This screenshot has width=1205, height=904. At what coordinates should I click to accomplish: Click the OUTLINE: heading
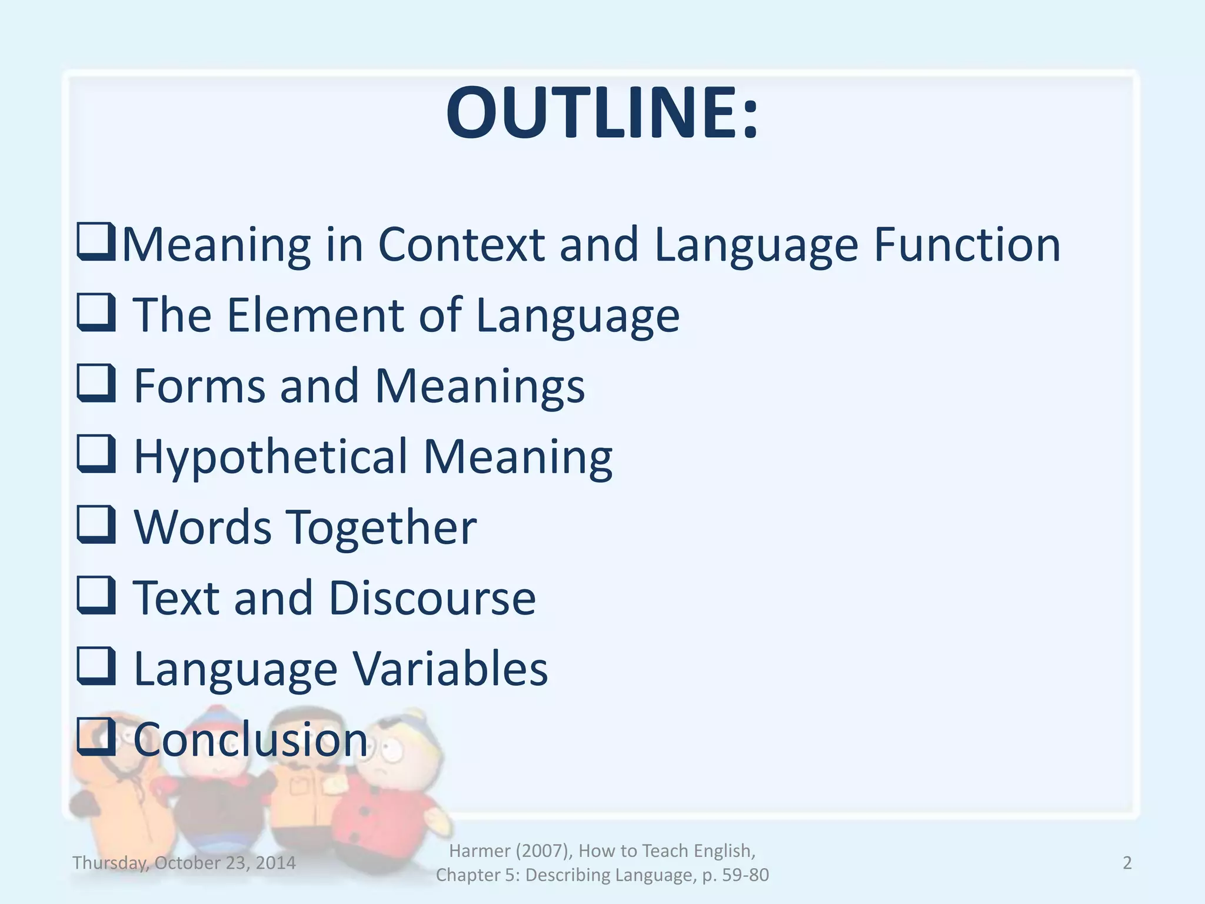[602, 113]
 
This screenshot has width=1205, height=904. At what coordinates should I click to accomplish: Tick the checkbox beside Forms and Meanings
[95, 383]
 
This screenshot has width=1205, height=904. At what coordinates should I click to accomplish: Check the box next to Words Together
[95, 524]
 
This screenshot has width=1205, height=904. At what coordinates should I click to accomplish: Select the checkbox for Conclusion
[95, 736]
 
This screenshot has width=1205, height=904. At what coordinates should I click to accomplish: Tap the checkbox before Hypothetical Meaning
[95, 454]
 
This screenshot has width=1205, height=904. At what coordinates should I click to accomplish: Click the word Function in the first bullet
[967, 244]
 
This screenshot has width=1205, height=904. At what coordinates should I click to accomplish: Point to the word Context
[461, 244]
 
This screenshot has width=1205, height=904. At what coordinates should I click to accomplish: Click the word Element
[315, 315]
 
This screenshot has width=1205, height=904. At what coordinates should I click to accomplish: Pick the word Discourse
[432, 598]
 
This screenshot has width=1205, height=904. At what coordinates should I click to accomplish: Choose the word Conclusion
[251, 739]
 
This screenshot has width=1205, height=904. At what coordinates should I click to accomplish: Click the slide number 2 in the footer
[1127, 863]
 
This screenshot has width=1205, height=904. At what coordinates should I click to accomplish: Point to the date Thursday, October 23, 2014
[184, 863]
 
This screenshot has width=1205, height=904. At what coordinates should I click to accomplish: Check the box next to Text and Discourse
[95, 595]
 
